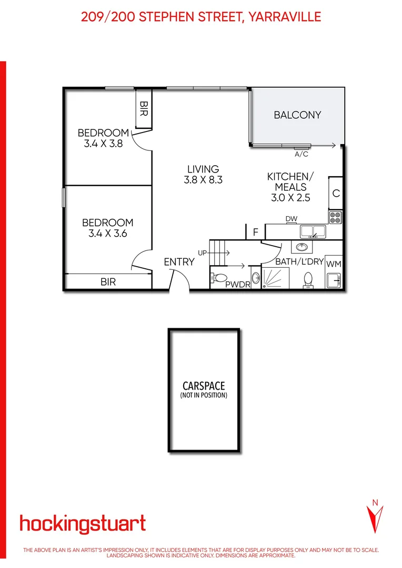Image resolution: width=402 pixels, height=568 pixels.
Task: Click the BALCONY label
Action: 297,115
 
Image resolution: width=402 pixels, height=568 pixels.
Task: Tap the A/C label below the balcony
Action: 301,155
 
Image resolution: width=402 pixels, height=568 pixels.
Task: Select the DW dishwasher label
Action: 291,219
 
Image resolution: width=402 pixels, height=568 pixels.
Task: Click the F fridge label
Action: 256,231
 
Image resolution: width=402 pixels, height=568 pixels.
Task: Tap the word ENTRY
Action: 179,262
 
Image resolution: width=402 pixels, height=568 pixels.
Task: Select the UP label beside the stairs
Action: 203,253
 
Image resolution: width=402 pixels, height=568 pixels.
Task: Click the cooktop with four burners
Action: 336,217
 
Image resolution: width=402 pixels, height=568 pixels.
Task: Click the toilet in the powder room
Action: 220,277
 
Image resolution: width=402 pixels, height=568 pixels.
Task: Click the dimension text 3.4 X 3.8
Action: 103,143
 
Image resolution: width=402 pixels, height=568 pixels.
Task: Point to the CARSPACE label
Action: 204,386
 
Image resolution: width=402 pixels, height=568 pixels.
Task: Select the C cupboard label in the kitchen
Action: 336,193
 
